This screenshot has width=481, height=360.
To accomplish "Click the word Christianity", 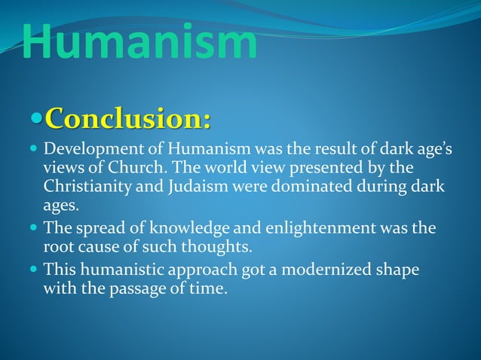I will tap(86, 186).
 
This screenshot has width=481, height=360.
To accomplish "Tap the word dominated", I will tap(302, 186).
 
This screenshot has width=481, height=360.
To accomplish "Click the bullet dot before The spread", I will tap(34, 227).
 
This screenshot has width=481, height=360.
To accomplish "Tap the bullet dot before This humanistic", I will tap(34, 268).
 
